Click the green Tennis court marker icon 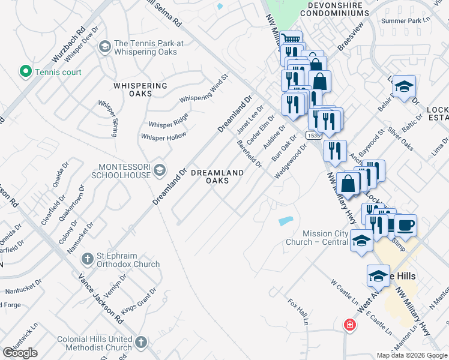click(26, 72)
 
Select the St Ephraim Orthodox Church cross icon click(87, 259)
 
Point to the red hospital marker click(349, 326)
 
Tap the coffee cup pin click(405, 225)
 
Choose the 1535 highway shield click(312, 136)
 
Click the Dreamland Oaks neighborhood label click(217, 176)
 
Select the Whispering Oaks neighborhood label click(140, 90)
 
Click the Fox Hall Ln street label click(298, 311)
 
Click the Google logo click(20, 353)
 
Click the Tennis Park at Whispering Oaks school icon click(104, 46)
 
